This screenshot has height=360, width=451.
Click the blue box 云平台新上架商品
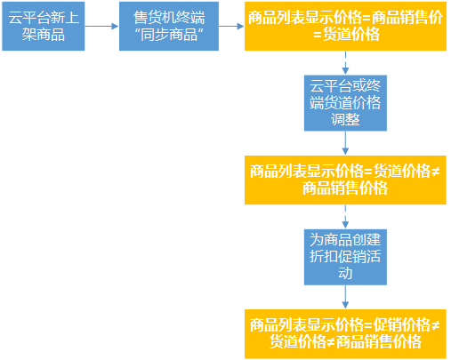point(44,26)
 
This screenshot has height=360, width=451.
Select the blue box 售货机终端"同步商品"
point(169,26)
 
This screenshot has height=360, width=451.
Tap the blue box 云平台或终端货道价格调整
point(345,103)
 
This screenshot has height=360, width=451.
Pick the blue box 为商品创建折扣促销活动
point(345,257)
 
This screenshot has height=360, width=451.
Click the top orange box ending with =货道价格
point(345,26)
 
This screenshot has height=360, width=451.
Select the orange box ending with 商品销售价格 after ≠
point(345,180)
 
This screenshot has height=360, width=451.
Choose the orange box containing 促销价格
point(345,334)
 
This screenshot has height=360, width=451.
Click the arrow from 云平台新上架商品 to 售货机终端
point(101,26)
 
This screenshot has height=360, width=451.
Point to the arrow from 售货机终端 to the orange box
point(231,26)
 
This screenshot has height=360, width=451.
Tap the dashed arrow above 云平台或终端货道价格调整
point(345,63)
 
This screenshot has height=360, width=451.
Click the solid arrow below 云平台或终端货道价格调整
point(345,143)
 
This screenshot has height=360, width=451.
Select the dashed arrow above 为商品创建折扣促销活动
point(345,217)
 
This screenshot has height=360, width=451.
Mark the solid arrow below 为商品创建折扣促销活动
point(345,297)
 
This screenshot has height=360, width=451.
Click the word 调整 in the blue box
point(345,119)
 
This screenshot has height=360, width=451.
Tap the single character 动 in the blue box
point(345,273)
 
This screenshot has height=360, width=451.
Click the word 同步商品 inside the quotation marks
point(169,35)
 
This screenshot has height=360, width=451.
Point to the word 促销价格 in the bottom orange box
point(402,325)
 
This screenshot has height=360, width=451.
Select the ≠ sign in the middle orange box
point(435,172)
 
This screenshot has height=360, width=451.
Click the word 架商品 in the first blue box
point(44,35)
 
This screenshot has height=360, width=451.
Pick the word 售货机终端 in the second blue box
point(169,18)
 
